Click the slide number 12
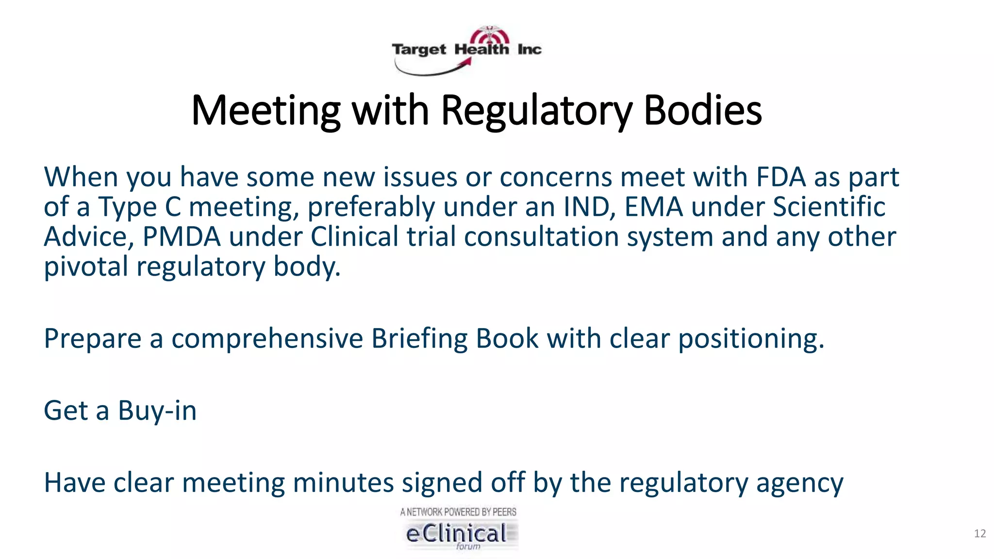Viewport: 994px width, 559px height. click(980, 534)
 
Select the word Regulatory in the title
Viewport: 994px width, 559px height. click(537, 111)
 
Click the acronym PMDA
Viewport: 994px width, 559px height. click(181, 237)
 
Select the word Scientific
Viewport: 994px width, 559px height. click(829, 207)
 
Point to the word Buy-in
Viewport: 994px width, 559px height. click(157, 411)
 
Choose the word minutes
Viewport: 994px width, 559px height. click(343, 483)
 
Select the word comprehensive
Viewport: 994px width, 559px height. click(267, 339)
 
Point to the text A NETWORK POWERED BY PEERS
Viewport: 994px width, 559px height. click(458, 511)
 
